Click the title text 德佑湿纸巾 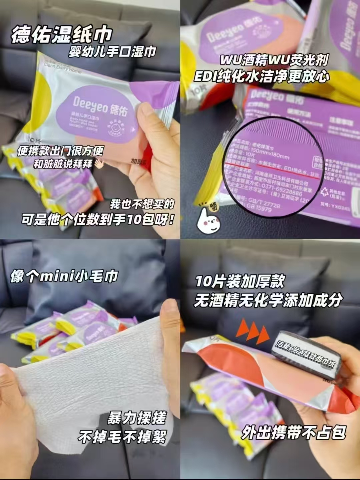pos(62,34)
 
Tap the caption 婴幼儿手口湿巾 pos(112,52)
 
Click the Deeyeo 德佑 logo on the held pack pos(100,106)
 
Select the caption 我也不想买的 pos(142,204)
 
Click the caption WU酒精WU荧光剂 pos(274,60)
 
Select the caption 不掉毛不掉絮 pos(122,436)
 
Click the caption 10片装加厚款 pos(240,282)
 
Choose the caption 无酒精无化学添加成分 pos(268,300)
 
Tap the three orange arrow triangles pos(253,330)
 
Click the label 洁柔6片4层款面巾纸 pos(306,354)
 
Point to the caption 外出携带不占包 pos(294,432)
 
